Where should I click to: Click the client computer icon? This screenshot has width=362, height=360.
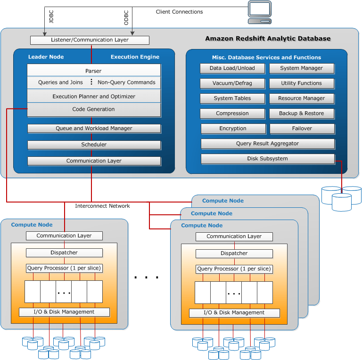point(260,12)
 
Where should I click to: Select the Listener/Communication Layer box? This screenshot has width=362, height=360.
point(90,40)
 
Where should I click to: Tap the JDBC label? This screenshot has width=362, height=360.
point(51,16)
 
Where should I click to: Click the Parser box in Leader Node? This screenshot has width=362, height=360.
point(94,71)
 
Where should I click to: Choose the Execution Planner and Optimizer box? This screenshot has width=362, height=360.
point(94,96)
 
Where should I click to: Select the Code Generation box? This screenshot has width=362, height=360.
point(94,109)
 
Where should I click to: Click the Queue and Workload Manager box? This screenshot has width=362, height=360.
point(94,128)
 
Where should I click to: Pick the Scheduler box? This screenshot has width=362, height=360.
point(94,145)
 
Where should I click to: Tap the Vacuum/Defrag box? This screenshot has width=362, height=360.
point(232,83)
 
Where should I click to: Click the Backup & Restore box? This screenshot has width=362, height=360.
point(301,114)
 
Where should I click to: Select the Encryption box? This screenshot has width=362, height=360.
point(233,129)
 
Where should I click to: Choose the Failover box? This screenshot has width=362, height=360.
point(301,129)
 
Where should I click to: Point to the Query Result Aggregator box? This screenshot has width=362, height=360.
point(267,144)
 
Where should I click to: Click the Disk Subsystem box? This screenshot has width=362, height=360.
point(267,159)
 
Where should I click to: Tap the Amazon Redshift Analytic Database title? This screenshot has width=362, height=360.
point(268,39)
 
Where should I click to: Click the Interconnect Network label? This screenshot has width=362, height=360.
point(102,206)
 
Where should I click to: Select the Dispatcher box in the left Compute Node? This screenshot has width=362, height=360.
point(64,253)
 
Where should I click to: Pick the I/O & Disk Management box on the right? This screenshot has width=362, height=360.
point(234,313)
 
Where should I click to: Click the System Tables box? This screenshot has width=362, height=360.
point(232,98)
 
